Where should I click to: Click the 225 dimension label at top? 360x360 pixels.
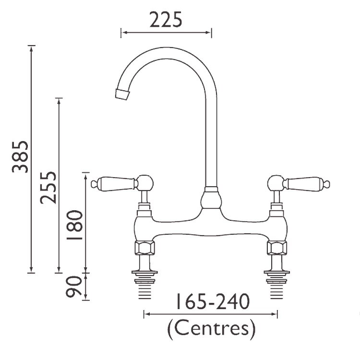click(x=166, y=20)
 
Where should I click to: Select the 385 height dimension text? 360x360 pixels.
click(x=20, y=156)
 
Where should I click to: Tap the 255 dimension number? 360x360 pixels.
click(x=48, y=187)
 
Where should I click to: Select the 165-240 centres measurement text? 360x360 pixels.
click(x=211, y=302)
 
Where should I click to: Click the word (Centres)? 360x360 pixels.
click(x=211, y=329)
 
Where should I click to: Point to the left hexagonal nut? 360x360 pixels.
click(x=144, y=248)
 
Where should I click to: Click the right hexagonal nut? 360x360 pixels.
click(x=277, y=248)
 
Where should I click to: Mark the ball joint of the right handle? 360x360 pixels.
click(x=275, y=182)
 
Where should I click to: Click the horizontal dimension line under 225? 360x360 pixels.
click(x=166, y=33)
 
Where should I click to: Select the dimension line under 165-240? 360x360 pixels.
click(x=211, y=314)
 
